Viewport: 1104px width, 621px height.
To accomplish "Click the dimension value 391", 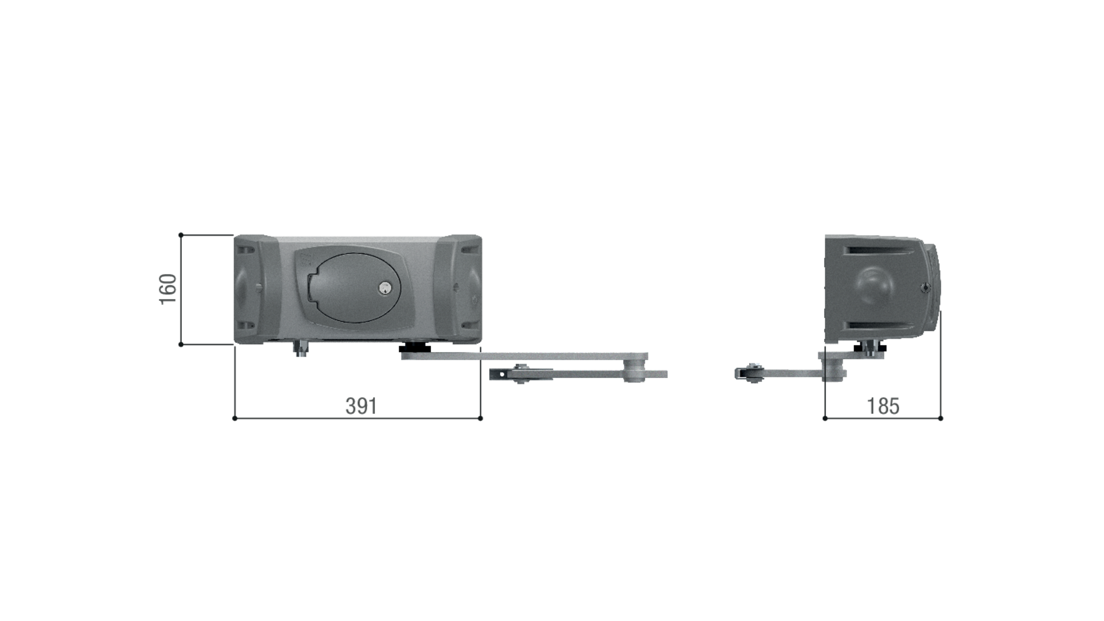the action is pos(361,406).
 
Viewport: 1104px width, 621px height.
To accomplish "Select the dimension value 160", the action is pos(168,289).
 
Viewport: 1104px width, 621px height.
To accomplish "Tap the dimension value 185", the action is pos(883,406).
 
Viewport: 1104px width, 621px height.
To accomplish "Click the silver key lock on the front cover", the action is pos(385,288).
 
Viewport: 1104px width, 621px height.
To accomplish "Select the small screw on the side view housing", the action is pos(926,288).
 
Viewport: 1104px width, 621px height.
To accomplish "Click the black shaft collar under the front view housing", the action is pos(415,348).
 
